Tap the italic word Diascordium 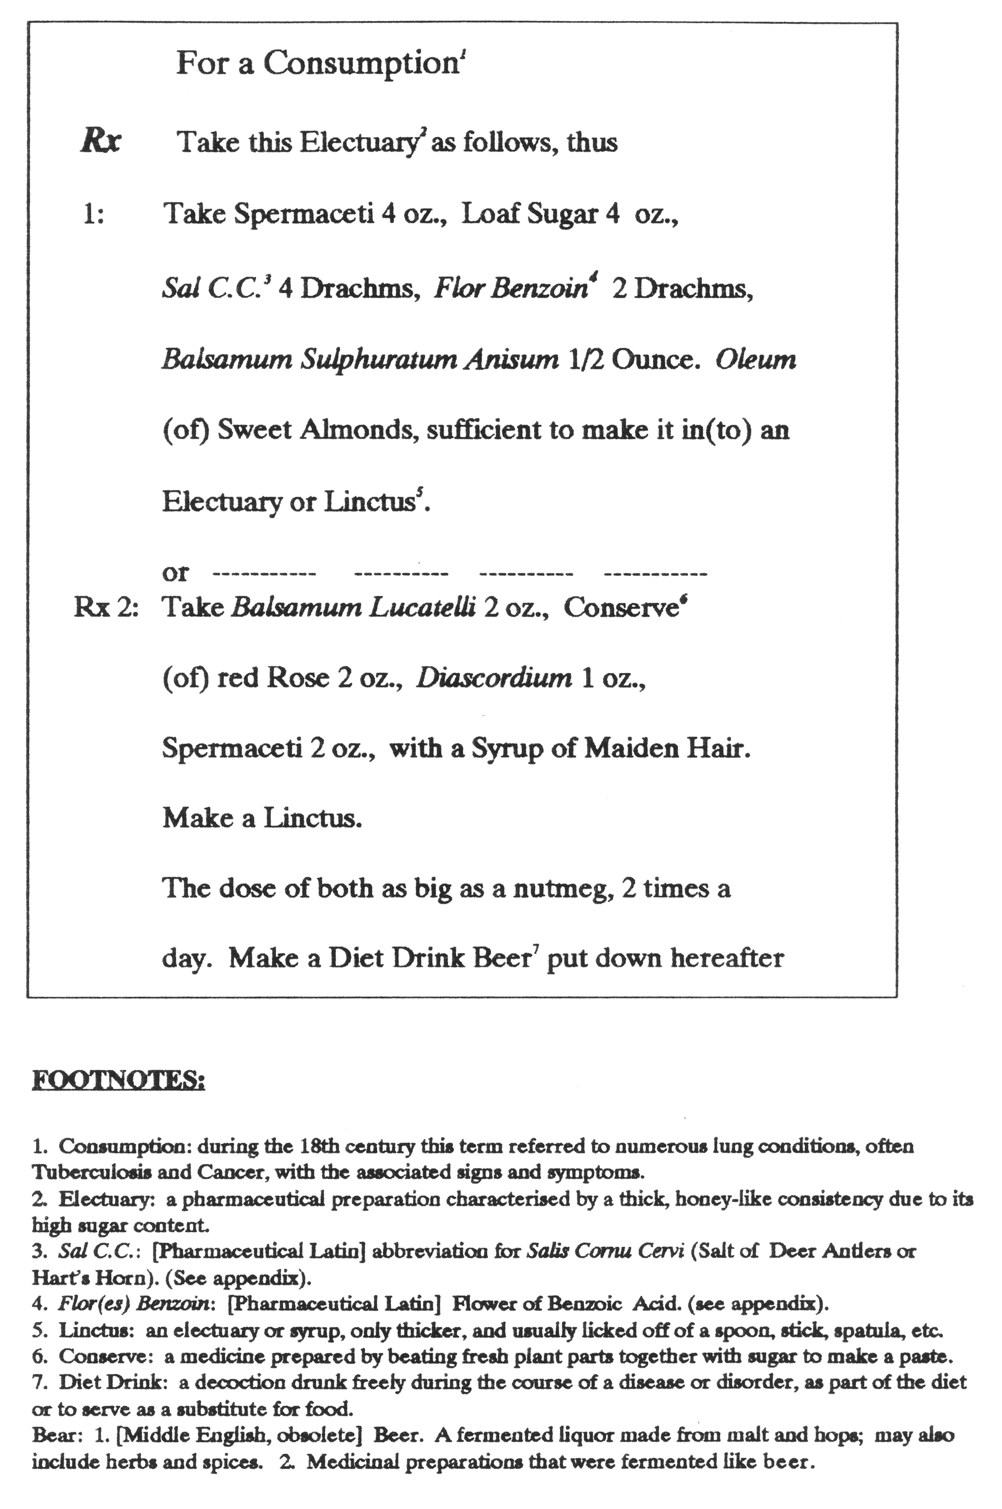[x=494, y=677]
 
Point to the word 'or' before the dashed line [x=175, y=572]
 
